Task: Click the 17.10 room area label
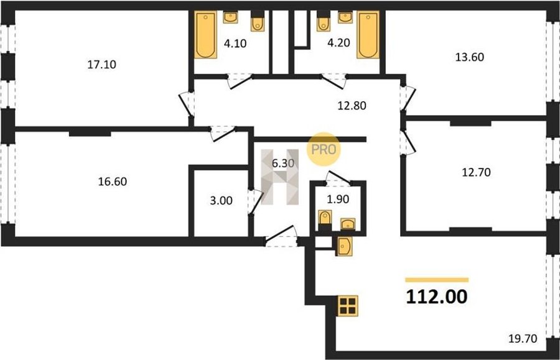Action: [x=102, y=65]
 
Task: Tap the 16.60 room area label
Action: [x=113, y=182]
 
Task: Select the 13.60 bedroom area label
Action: [x=470, y=57]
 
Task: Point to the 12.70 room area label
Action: [x=477, y=172]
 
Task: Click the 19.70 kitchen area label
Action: [x=523, y=338]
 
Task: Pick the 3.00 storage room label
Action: [x=221, y=200]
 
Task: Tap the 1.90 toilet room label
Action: [x=338, y=199]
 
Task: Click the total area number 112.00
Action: [x=436, y=297]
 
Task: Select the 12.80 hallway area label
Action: [x=352, y=106]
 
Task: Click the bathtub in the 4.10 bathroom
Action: [x=206, y=35]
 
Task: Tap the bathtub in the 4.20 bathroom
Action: [x=368, y=35]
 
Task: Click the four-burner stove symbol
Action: [x=347, y=306]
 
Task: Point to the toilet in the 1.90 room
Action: [x=325, y=219]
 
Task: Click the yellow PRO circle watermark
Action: [x=324, y=149]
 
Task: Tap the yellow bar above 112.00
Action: [x=437, y=280]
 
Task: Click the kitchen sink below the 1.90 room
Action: [x=344, y=246]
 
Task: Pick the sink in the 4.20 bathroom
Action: [x=345, y=17]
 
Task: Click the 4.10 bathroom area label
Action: [x=235, y=44]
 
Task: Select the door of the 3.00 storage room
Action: [x=255, y=201]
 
